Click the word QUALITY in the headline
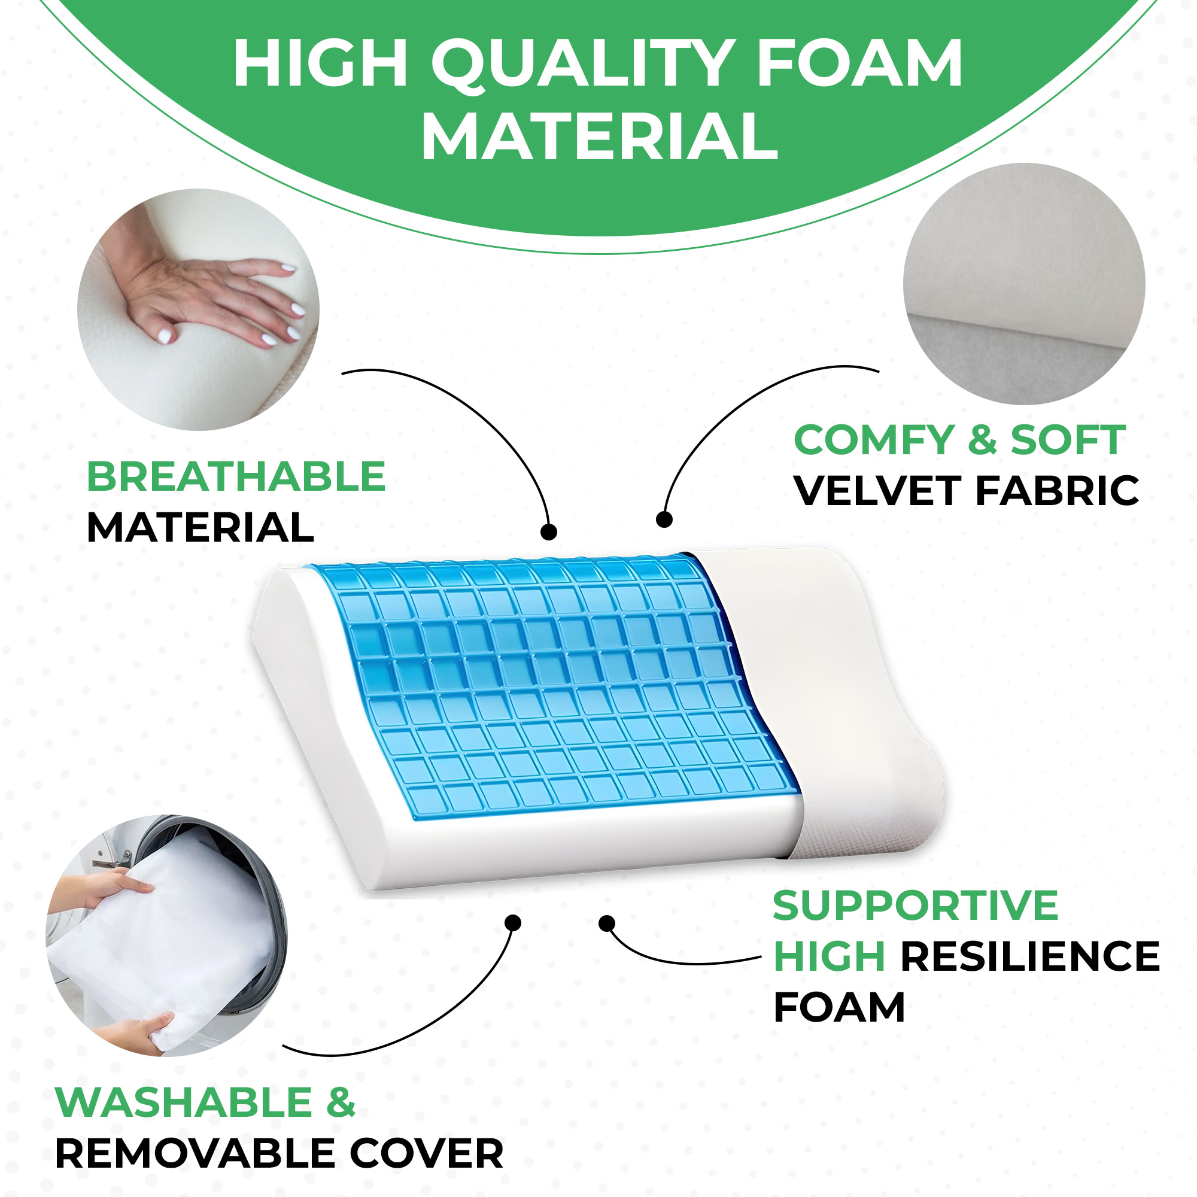(584, 63)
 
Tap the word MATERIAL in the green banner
(599, 136)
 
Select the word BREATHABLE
(236, 476)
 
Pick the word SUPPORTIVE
(916, 906)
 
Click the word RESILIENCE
(1029, 956)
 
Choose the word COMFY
(874, 440)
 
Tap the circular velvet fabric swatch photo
(1024, 284)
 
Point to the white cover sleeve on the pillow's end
(824, 700)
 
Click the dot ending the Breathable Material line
(548, 531)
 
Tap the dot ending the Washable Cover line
(513, 923)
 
